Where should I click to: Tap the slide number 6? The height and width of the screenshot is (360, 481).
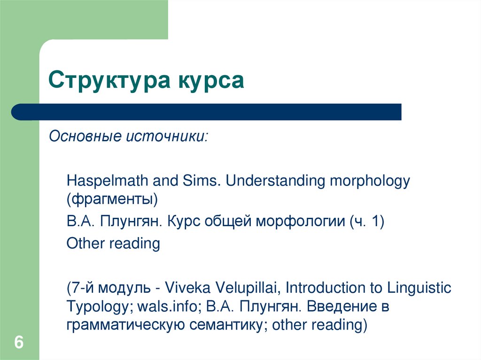click(x=19, y=343)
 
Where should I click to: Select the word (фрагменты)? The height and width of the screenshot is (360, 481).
click(x=112, y=199)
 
